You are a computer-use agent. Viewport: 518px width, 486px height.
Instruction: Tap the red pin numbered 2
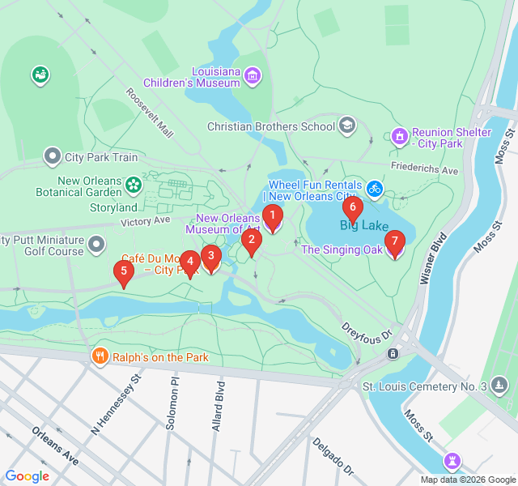252,241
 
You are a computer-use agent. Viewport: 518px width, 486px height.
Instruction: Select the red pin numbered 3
211,258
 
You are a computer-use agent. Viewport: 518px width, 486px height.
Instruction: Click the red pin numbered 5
124,272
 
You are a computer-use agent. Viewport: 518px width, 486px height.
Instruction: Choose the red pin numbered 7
394,242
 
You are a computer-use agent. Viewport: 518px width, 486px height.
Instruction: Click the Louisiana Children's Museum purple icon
253,76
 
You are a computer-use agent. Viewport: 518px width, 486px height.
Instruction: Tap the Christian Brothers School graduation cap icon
347,126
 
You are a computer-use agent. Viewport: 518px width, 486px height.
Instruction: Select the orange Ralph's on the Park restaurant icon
100,356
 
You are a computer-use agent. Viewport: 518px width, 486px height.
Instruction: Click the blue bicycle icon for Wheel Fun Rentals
374,189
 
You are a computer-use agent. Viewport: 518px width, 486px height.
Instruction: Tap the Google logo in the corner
28,476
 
